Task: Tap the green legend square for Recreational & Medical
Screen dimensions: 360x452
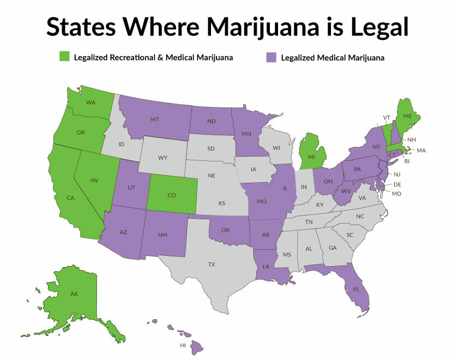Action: (64, 57)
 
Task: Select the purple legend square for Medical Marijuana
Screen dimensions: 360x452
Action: (271, 57)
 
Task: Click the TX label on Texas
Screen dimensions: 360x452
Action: (212, 264)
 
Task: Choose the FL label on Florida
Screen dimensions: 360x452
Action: (355, 290)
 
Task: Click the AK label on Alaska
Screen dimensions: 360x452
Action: (74, 294)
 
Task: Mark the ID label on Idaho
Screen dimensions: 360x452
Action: (122, 144)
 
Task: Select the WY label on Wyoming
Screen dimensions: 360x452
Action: (162, 158)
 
